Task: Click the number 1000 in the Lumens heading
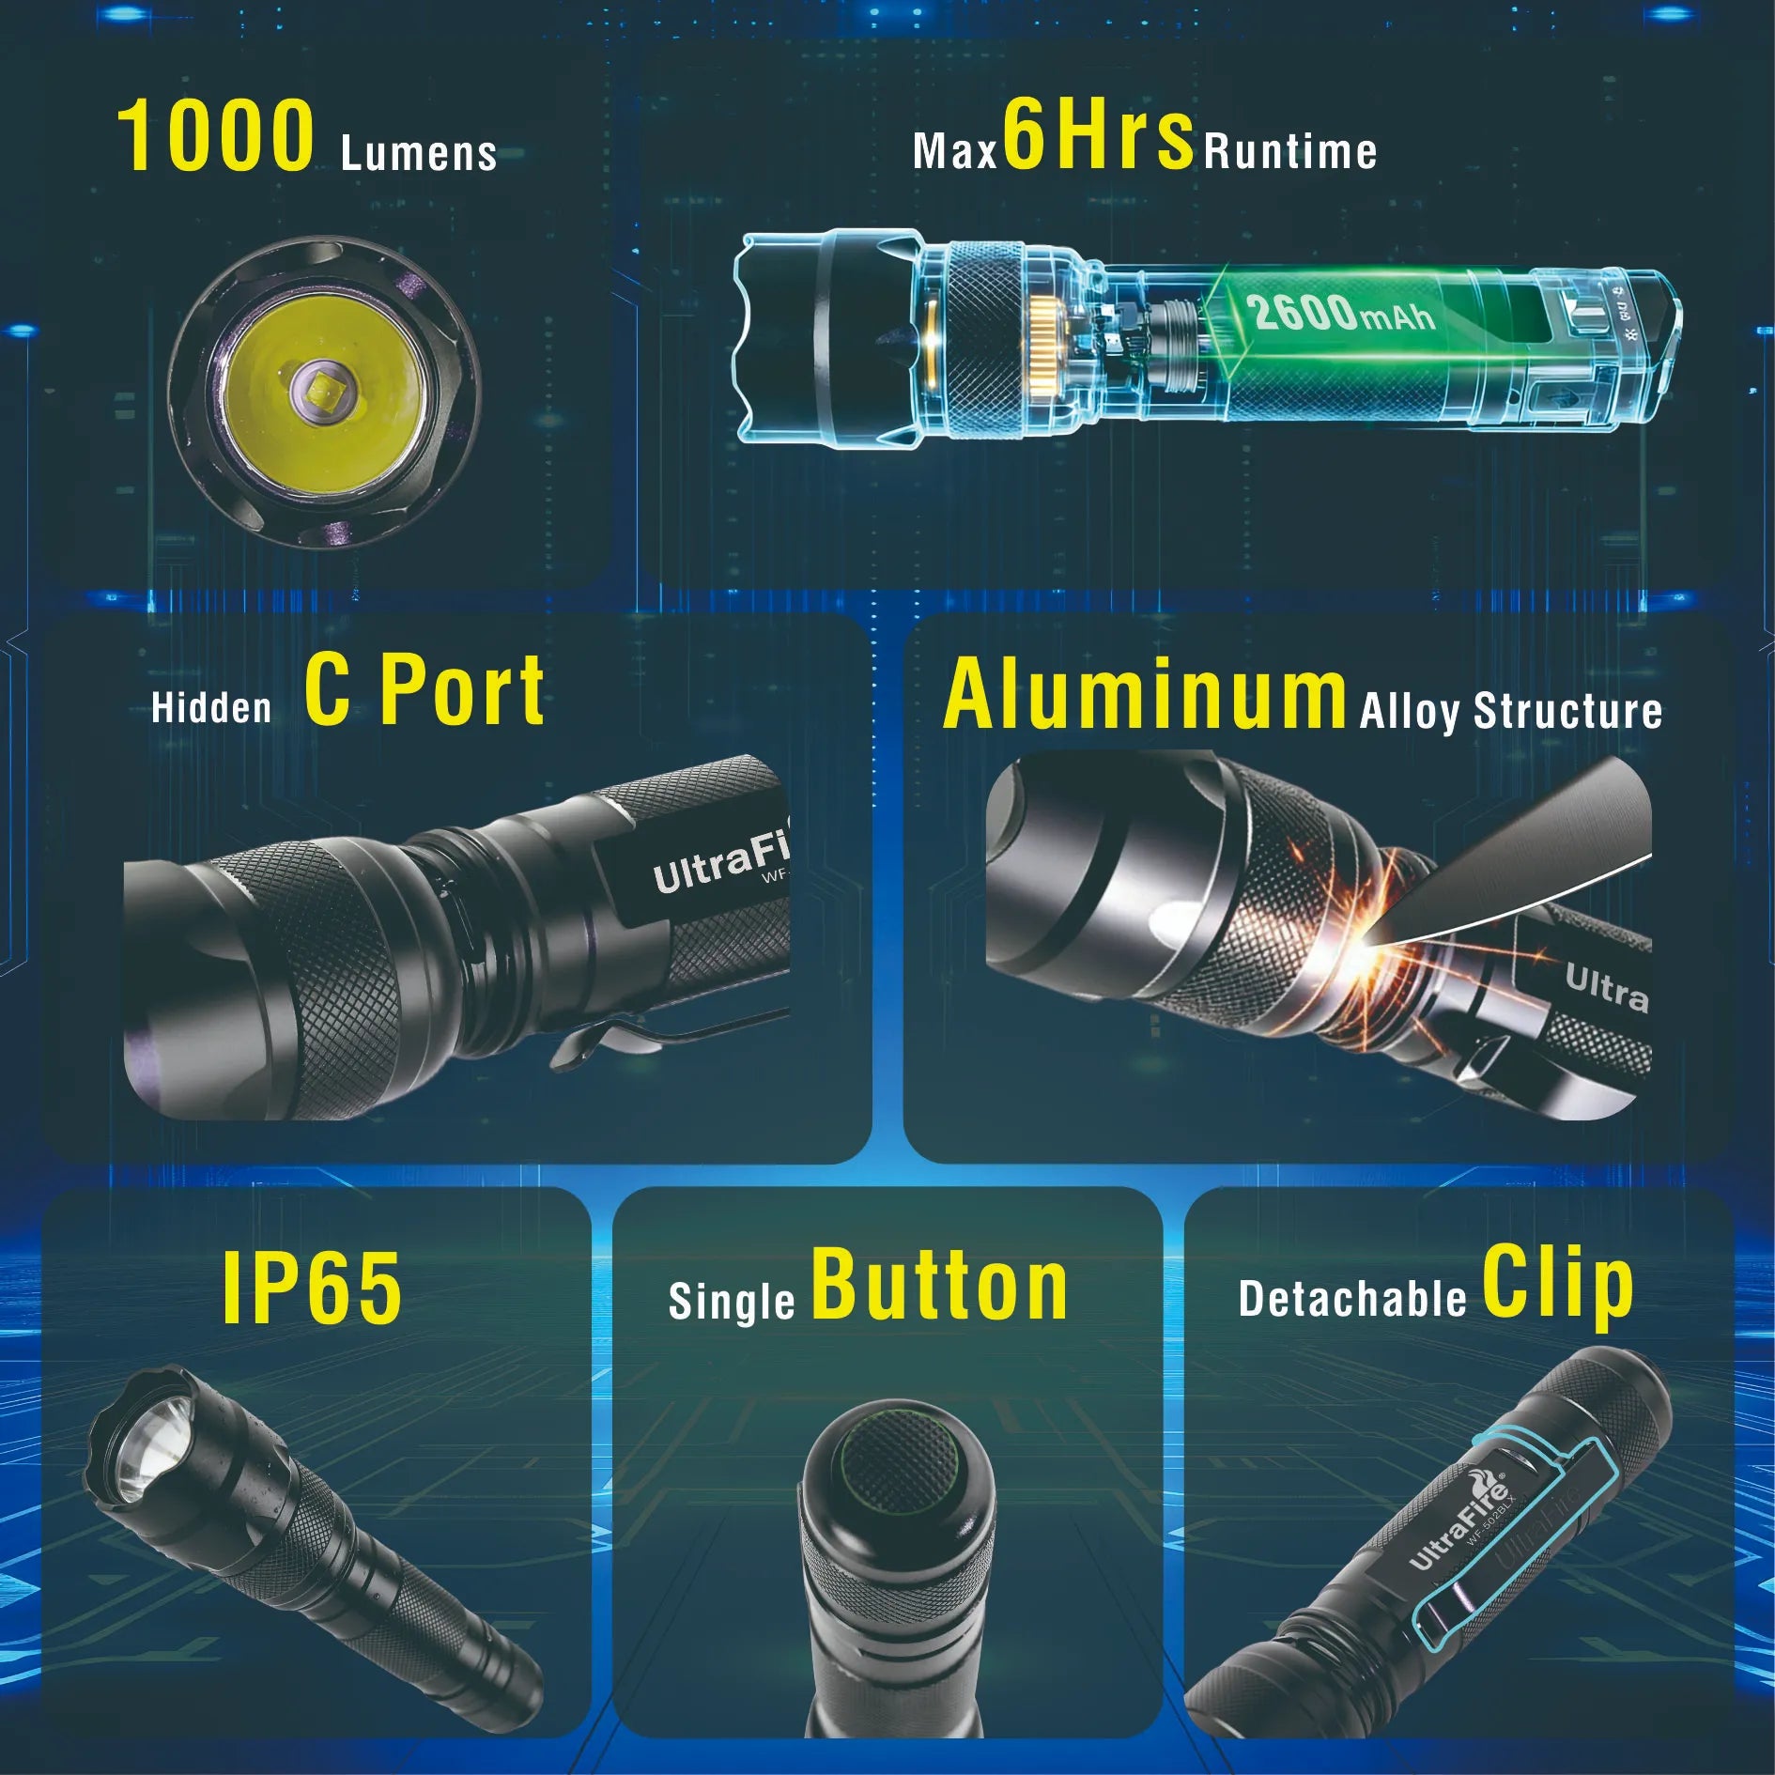(215, 138)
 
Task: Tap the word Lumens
(418, 154)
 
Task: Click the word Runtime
(1290, 152)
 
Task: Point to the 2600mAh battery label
(1340, 313)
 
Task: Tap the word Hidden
(211, 707)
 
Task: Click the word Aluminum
(1145, 695)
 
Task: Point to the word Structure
(1567, 711)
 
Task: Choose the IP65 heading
(312, 1289)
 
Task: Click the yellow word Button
(939, 1287)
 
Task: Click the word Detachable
(1351, 1299)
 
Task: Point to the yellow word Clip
(1558, 1283)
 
